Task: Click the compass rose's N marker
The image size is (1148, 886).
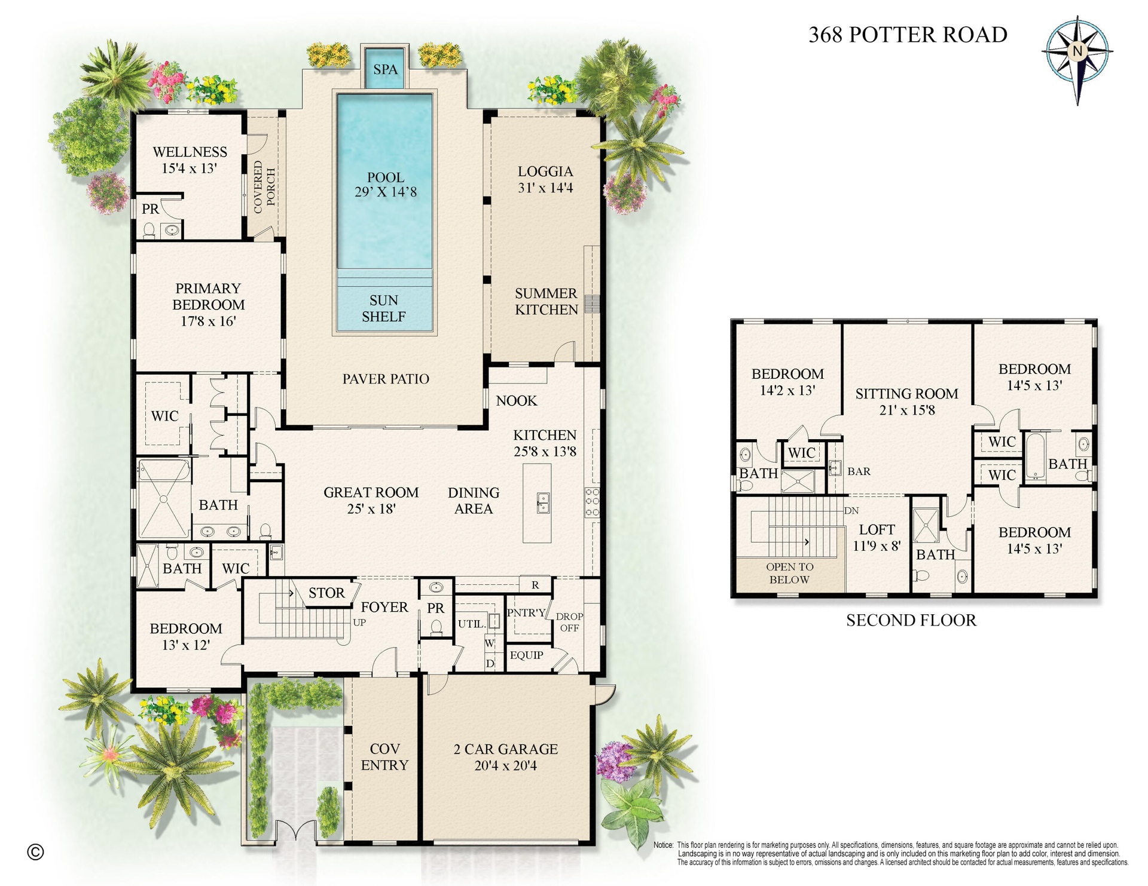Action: click(x=1077, y=51)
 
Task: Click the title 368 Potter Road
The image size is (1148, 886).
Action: click(x=908, y=35)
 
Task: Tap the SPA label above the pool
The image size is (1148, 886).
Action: click(x=385, y=69)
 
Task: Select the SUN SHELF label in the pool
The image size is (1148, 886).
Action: click(x=384, y=308)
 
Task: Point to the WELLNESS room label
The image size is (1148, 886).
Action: click(x=190, y=152)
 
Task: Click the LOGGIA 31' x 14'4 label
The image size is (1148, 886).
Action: click(x=545, y=179)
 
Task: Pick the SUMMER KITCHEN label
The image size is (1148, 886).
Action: click(x=546, y=301)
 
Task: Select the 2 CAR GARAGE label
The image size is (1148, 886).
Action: click(x=506, y=749)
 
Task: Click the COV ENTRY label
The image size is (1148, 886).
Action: click(x=384, y=757)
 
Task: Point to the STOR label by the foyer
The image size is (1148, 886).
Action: click(x=326, y=593)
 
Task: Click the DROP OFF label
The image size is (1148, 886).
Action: click(x=569, y=622)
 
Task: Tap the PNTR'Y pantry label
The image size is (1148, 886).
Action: click(x=526, y=612)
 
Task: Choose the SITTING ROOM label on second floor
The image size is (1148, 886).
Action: click(x=906, y=394)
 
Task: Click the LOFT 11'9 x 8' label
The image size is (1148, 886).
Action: click(x=877, y=537)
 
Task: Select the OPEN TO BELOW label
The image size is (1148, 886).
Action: click(x=789, y=573)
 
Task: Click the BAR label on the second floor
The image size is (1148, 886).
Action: click(x=859, y=471)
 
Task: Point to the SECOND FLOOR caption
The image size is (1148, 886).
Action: click(x=911, y=620)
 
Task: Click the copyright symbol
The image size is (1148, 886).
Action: click(x=36, y=852)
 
